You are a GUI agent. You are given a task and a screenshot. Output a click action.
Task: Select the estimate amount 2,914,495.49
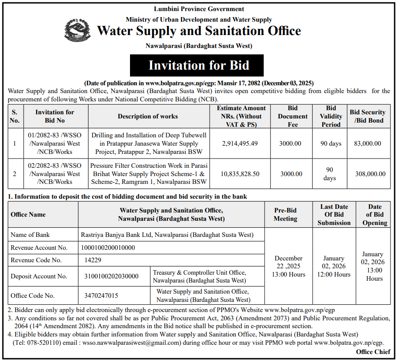[x=240, y=143]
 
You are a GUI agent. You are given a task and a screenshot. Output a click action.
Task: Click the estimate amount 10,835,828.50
[x=240, y=174]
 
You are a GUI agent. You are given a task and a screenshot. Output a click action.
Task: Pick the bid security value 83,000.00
[x=367, y=143]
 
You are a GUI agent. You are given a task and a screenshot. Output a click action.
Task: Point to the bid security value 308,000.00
[x=367, y=174]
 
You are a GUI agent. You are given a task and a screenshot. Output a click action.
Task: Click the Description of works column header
[x=148, y=116]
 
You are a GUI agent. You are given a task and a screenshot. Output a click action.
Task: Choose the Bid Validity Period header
[x=331, y=116]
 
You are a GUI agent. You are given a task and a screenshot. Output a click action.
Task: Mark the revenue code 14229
[x=93, y=260]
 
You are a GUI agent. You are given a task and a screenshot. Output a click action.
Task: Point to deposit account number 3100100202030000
[x=111, y=276]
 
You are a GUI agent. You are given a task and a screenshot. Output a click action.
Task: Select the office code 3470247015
[x=101, y=295]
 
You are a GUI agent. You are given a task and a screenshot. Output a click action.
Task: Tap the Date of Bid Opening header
[x=375, y=214]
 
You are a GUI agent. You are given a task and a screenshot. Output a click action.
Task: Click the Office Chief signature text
[x=373, y=352]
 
